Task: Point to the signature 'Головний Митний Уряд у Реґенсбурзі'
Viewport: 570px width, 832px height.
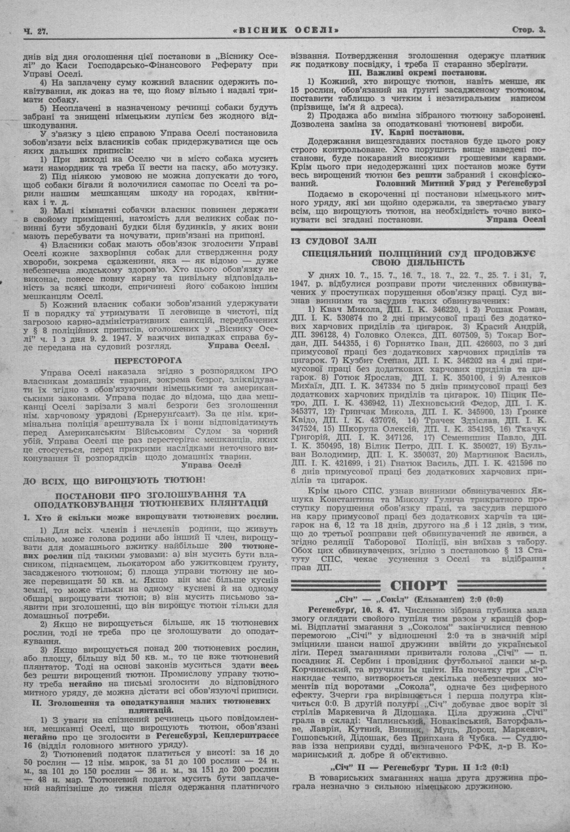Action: coord(462,183)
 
